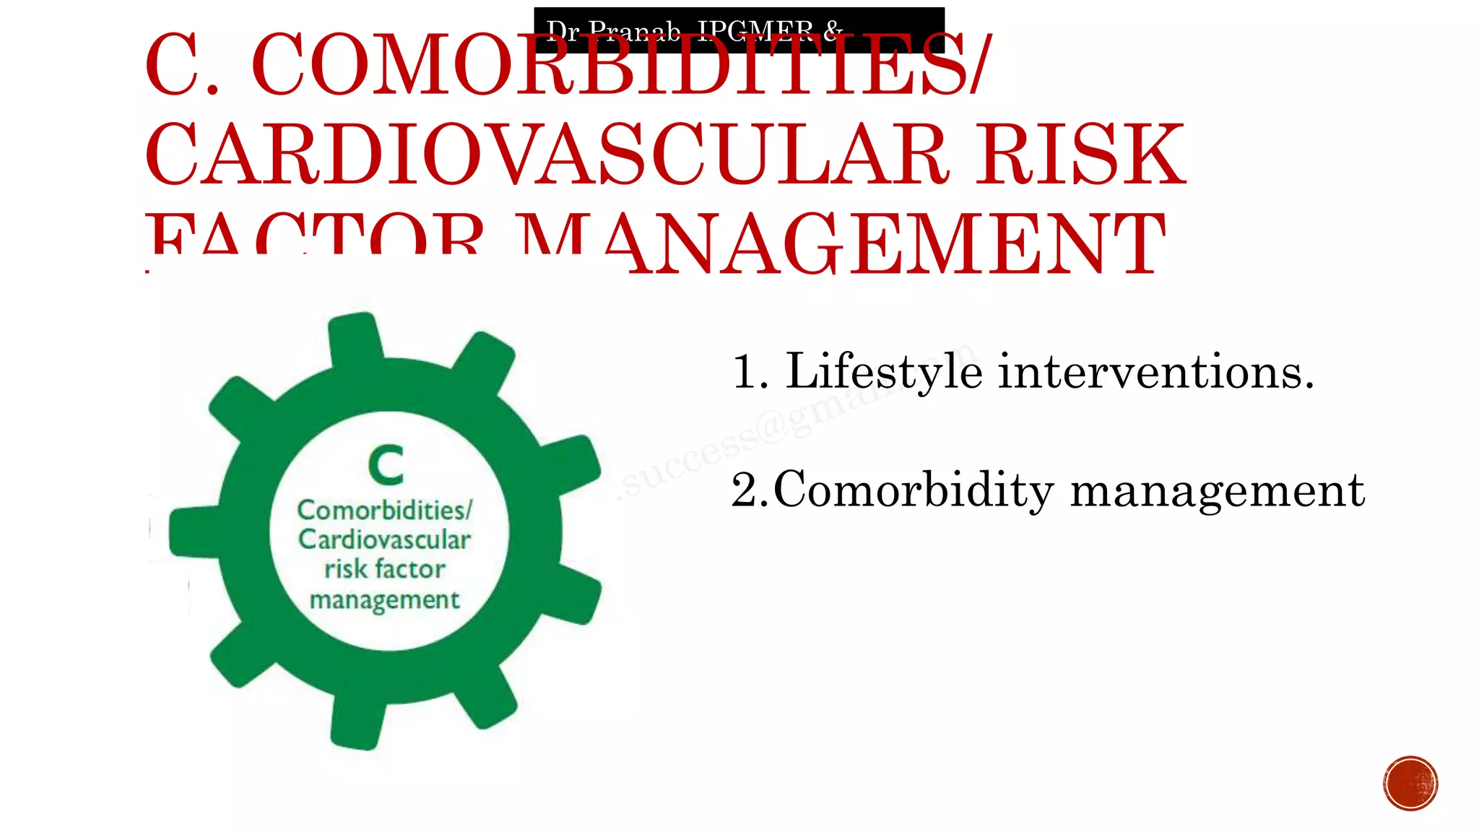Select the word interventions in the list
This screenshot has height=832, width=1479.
tap(1155, 372)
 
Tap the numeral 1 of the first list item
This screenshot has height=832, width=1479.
tap(744, 373)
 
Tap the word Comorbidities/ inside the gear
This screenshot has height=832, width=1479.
tap(384, 510)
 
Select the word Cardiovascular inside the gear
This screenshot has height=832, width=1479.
tap(384, 539)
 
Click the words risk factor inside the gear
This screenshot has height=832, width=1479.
tap(384, 569)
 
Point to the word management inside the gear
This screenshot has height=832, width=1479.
tap(384, 599)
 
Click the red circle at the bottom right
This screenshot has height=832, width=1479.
tap(1410, 783)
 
